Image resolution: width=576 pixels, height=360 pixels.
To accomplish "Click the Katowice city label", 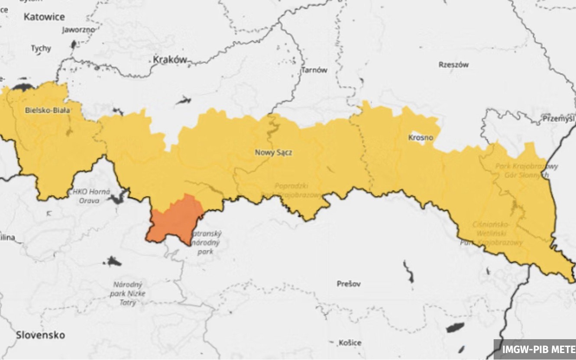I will click(44, 17).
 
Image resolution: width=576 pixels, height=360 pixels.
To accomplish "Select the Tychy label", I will click(41, 49).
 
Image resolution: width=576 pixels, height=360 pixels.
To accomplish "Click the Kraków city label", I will click(170, 60).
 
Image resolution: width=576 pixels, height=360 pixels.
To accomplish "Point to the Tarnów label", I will click(314, 70).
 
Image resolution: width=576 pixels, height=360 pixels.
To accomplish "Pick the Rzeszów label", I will click(453, 65).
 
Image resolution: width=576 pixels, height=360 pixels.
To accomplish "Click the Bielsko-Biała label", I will click(47, 110).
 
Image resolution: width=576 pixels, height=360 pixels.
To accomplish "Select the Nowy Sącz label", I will click(273, 152).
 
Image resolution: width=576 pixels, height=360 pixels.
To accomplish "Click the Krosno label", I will click(420, 138).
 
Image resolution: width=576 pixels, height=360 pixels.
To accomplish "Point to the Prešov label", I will click(349, 284).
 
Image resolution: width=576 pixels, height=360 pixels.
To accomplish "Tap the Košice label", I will click(350, 343).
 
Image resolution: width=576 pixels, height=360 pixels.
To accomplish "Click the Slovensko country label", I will click(41, 335).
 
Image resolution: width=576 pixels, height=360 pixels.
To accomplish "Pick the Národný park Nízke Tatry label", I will click(128, 294).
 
